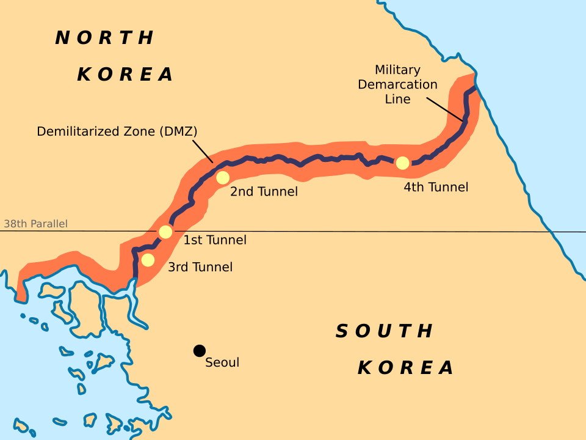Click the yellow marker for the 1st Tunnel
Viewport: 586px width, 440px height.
(165, 232)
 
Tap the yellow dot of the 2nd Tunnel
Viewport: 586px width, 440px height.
(223, 177)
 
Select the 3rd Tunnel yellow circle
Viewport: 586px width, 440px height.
(148, 260)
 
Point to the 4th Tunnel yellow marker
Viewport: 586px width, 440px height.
(402, 163)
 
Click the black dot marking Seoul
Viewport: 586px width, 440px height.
(199, 350)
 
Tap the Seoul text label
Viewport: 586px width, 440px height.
(222, 362)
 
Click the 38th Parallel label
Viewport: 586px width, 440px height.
(35, 224)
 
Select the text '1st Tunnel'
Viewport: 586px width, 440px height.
(215, 240)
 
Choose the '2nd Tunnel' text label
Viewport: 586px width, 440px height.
(264, 191)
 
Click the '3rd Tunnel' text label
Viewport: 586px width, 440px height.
(200, 267)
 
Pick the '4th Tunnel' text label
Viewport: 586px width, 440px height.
(436, 187)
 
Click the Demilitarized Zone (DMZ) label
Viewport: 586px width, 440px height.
(117, 131)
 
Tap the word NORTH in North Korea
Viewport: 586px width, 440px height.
(105, 38)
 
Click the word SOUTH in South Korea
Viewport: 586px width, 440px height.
(385, 331)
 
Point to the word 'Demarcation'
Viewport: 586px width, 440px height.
(397, 84)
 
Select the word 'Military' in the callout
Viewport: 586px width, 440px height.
(397, 70)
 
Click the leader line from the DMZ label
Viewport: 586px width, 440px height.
(203, 151)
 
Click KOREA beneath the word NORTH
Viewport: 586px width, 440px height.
(126, 75)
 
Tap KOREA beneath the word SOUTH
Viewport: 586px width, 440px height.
(406, 368)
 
